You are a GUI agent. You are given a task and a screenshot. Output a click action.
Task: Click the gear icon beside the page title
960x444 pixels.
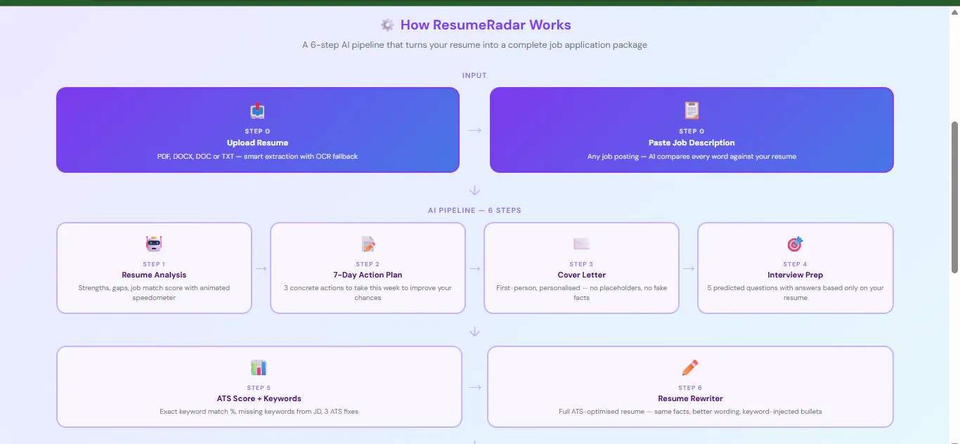[387, 25]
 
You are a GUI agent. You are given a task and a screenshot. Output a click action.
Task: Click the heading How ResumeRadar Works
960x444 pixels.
[486, 25]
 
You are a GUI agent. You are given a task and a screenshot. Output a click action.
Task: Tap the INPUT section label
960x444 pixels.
[474, 75]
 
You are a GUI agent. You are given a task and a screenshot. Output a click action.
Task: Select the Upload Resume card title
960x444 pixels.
[258, 143]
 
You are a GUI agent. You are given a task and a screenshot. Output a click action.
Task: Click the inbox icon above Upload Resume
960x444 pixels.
[258, 110]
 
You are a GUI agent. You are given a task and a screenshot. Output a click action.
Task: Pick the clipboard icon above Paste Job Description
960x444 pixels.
[692, 110]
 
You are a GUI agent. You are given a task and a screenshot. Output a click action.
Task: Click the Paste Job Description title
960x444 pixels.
[692, 143]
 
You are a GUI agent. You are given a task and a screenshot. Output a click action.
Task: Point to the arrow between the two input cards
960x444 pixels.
[475, 130]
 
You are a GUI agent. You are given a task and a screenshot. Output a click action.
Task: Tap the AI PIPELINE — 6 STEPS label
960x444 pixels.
[474, 211]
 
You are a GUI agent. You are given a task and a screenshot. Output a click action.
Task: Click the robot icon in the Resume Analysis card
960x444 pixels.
[154, 244]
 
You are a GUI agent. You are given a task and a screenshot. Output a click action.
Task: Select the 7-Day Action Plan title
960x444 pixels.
[368, 275]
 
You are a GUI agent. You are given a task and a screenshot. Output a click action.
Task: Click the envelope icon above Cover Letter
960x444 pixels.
[582, 244]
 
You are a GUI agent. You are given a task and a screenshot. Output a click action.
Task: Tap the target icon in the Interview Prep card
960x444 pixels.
[796, 244]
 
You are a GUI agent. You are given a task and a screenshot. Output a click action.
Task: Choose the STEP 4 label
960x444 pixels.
[795, 264]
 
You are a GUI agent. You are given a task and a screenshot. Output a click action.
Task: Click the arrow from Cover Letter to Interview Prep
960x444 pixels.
[689, 268]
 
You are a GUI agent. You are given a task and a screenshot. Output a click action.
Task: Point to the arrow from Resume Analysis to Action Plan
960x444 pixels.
[261, 268]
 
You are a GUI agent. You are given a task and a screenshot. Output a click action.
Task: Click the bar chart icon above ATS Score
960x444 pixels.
[259, 367]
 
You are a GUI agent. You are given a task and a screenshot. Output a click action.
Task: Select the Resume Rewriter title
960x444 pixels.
[690, 398]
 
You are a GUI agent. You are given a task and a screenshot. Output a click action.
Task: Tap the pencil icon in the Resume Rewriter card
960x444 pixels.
[690, 367]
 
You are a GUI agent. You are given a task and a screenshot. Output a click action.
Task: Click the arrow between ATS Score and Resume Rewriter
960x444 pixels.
[475, 387]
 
